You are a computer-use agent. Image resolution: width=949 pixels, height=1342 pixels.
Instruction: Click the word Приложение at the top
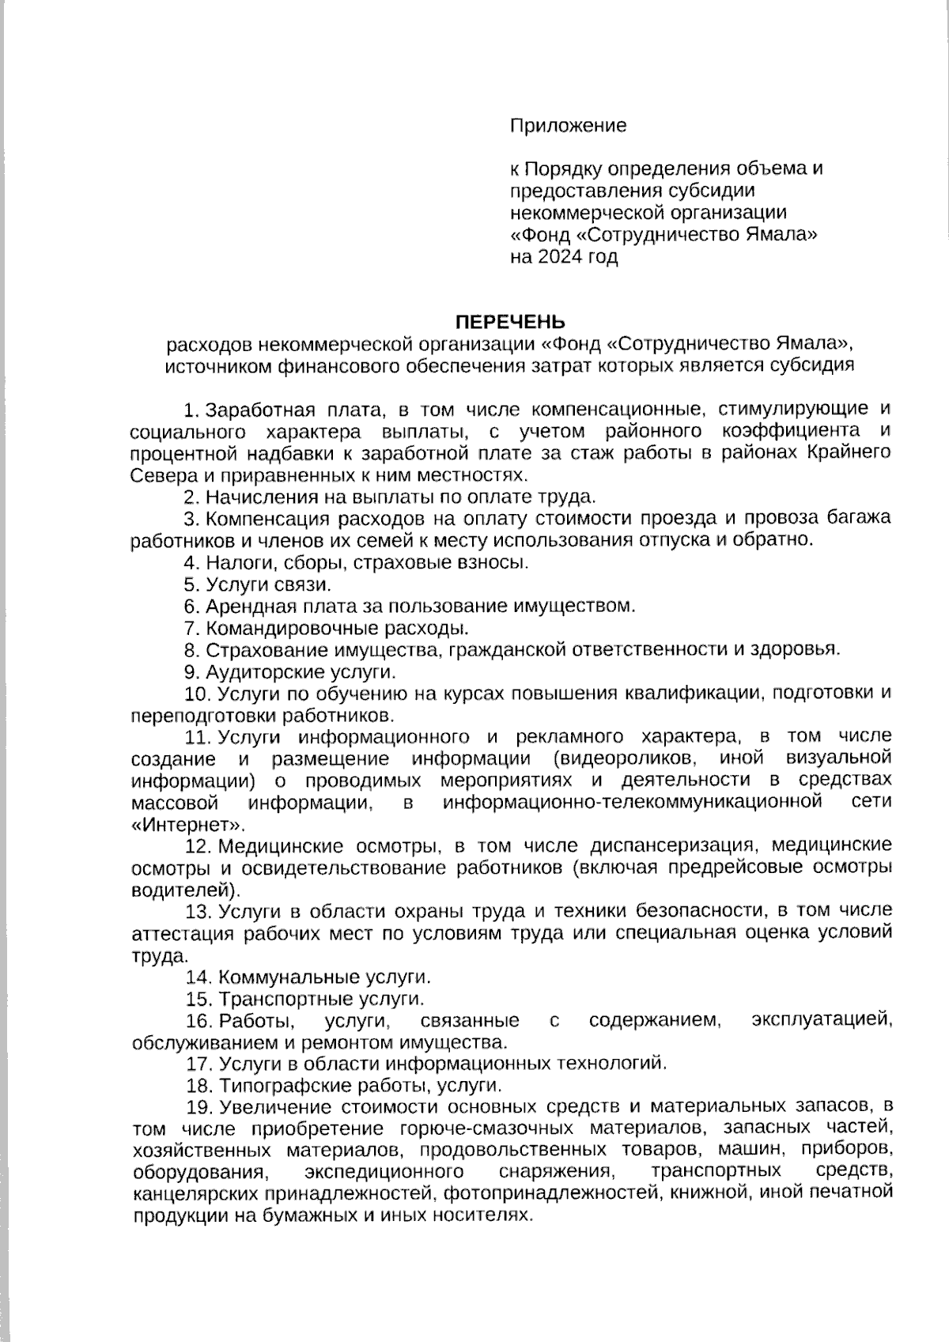pos(568,125)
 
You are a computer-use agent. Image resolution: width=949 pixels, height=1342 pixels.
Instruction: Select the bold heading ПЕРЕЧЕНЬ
pos(509,322)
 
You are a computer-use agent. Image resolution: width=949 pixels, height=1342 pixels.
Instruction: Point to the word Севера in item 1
pos(157,475)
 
